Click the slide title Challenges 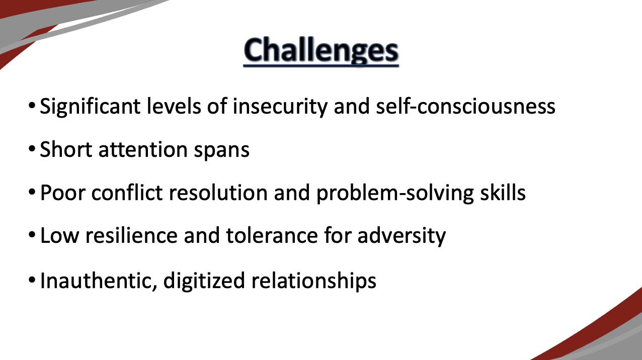click(321, 50)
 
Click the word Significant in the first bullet click(90, 107)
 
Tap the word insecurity click(280, 107)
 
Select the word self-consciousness click(465, 106)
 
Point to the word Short click(66, 149)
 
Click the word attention click(143, 149)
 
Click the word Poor click(63, 193)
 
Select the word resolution click(218, 192)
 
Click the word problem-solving click(395, 193)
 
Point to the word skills click(503, 192)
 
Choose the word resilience click(131, 235)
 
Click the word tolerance click(272, 236)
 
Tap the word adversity click(402, 236)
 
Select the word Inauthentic click(99, 281)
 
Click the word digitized click(204, 281)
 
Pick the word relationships click(314, 281)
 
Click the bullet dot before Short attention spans click(32, 149)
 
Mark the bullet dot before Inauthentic click(32, 280)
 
